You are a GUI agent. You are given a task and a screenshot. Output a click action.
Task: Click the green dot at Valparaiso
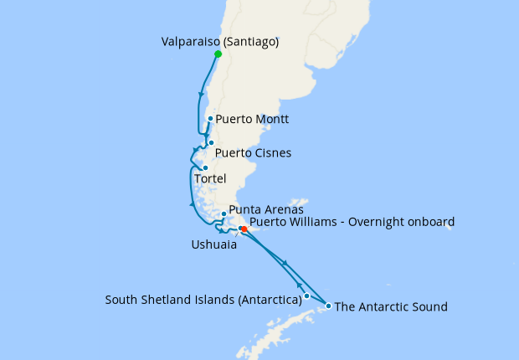(x=218, y=54)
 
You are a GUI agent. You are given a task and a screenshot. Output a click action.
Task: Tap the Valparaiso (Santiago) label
(x=219, y=40)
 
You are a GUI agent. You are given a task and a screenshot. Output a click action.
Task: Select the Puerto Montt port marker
(x=209, y=119)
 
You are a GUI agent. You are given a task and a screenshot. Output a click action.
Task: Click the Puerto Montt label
(x=252, y=120)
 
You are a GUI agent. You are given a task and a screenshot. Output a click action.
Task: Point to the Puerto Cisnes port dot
(x=211, y=142)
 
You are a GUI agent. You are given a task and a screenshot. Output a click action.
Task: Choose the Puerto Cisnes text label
(x=253, y=154)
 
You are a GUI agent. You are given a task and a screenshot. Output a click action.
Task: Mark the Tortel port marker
(x=205, y=167)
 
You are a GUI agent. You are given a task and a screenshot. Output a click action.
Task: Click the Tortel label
(x=210, y=179)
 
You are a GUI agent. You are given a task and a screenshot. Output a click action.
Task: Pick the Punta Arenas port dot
(x=224, y=213)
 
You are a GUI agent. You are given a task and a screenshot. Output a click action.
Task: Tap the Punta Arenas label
(x=265, y=210)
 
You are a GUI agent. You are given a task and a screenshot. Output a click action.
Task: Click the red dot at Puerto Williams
(x=244, y=229)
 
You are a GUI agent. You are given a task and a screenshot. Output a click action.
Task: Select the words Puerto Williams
(x=289, y=222)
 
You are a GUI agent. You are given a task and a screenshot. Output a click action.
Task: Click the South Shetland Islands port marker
(x=307, y=296)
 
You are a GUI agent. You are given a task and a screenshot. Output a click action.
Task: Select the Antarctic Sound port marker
(x=329, y=306)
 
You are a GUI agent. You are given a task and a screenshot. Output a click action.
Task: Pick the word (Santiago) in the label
(x=249, y=40)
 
